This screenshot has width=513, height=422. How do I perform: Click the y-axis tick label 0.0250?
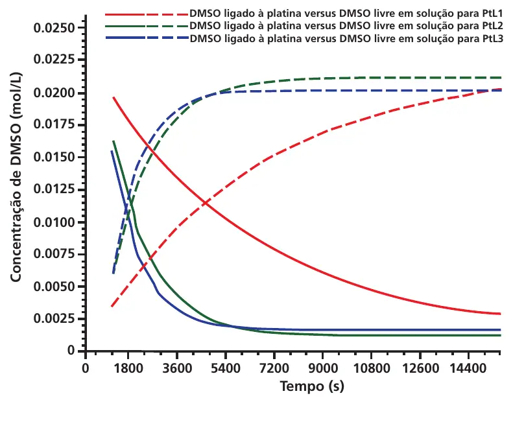[54, 28]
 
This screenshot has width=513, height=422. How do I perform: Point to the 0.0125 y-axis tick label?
[54, 189]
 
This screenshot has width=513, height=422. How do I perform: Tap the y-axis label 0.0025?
[54, 318]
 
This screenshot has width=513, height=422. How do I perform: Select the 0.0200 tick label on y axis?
[54, 93]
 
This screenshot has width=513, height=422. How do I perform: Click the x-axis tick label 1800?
[128, 369]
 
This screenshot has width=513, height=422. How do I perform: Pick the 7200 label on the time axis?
[274, 369]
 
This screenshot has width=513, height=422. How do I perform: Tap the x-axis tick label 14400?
[468, 369]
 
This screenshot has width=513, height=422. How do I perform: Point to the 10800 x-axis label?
[372, 369]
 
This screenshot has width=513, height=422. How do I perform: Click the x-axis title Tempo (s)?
[312, 386]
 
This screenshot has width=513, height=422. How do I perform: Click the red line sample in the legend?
[146, 14]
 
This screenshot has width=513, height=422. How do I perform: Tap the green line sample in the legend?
[146, 26]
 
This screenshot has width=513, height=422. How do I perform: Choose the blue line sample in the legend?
[146, 38]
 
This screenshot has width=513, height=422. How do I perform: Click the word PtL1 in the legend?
[492, 14]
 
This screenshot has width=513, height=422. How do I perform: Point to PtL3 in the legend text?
[492, 39]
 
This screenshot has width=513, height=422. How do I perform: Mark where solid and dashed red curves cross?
[205, 203]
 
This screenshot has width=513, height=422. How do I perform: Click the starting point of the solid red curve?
[113, 97]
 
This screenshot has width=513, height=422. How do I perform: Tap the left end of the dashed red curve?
[112, 306]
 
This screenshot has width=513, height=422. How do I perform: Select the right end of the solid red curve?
[501, 314]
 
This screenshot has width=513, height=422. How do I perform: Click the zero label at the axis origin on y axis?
[71, 350]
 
